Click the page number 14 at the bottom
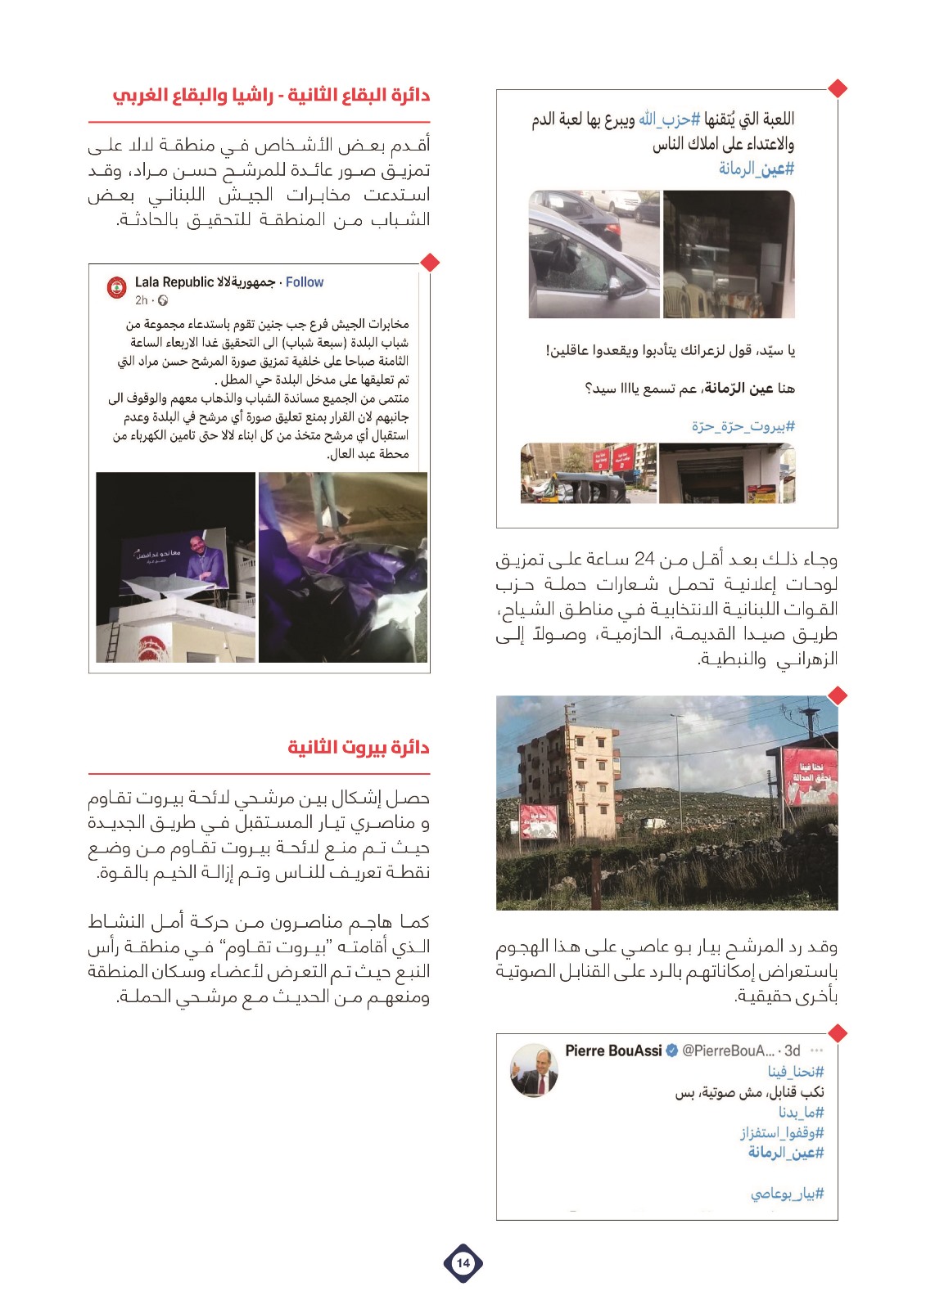(463, 1262)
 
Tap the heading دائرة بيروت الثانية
(359, 747)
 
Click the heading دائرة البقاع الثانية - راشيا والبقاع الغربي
(271, 95)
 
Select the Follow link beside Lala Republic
(305, 282)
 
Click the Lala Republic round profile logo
(118, 288)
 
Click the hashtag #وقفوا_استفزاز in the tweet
(782, 1132)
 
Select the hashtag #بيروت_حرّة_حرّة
(743, 426)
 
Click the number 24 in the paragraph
(645, 560)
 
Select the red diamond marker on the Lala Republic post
(429, 263)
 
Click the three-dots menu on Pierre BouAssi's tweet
(815, 1050)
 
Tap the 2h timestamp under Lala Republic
(142, 300)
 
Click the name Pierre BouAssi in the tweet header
(613, 1050)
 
